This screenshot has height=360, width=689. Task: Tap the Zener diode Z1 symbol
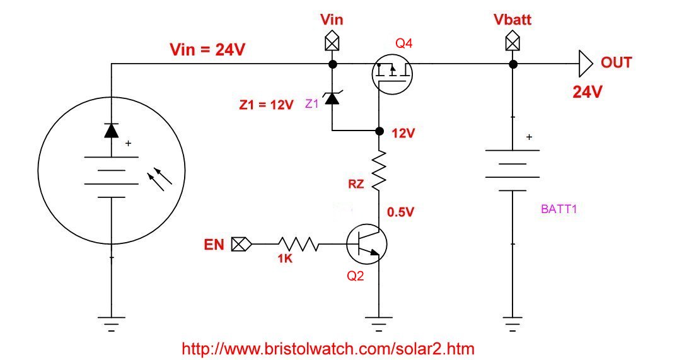pos(332,99)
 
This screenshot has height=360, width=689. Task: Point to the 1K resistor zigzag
pos(298,244)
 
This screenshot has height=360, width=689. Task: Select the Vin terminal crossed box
pos(332,43)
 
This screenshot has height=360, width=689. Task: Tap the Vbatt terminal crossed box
pos(512,43)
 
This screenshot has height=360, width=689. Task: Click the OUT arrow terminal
pos(586,64)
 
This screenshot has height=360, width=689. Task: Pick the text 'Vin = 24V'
pos(208,50)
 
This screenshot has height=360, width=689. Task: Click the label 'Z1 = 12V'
pos(266,105)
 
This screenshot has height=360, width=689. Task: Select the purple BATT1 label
pos(559,209)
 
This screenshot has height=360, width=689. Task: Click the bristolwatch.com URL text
pos(328,348)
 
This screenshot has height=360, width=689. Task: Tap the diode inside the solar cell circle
pos(112,130)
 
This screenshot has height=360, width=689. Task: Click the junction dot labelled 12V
pos(379,131)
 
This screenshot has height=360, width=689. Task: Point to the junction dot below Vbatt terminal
pos(512,64)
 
